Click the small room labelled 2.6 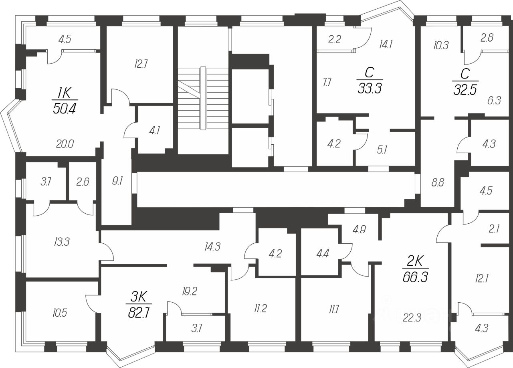(83, 182)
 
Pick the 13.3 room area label (62, 242)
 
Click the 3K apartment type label (139, 297)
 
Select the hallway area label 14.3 (212, 247)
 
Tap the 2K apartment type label (416, 261)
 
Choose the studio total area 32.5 (465, 89)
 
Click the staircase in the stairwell (203, 98)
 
